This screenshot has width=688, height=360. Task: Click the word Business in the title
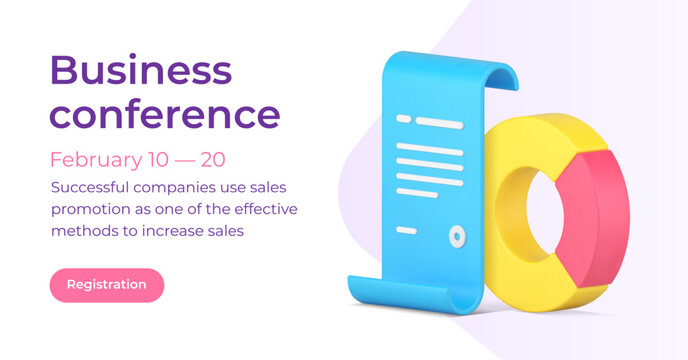coord(140,70)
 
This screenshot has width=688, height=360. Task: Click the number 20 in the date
coord(212,159)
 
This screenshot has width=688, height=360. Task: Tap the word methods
coord(81,231)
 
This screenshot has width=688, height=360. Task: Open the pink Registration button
coord(107,285)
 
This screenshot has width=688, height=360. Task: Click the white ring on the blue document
coord(457,236)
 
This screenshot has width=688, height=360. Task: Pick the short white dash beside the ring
coord(407,231)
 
